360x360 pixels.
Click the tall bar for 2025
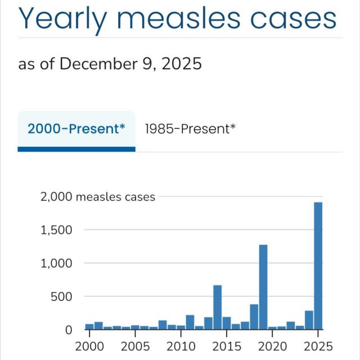point(318,265)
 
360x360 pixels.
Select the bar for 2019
point(263,287)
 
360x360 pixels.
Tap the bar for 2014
point(217,307)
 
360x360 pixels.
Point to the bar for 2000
point(89,326)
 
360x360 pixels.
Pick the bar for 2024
point(309,319)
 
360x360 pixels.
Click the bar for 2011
point(190,322)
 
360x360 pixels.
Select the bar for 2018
point(254,317)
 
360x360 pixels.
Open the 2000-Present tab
point(76,129)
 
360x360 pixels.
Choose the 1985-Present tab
point(190,129)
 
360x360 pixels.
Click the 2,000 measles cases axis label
point(97,197)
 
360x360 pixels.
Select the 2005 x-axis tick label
point(135,345)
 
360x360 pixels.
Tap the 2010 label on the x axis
point(181,345)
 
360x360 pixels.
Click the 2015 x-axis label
point(227,345)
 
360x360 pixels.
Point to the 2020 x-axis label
point(272,345)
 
